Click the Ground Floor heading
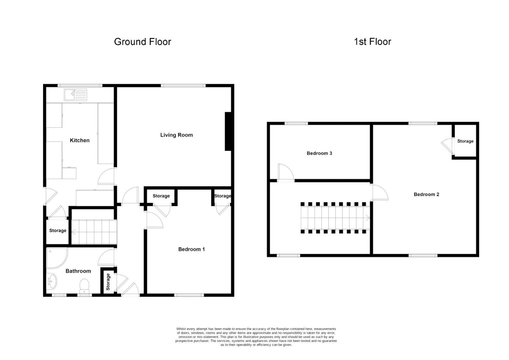tap(142, 42)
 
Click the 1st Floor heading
tap(372, 42)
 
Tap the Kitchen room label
tap(80, 140)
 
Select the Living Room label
tap(176, 135)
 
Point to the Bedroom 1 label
tap(192, 249)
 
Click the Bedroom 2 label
tap(426, 194)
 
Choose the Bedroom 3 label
tap(319, 153)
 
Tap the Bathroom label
tap(78, 271)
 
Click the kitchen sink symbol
tap(76, 95)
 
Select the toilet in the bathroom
tap(85, 286)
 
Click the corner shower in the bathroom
tap(56, 257)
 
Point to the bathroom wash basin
tap(52, 281)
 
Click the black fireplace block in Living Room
tap(228, 131)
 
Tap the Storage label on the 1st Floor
tap(465, 141)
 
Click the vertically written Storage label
tap(108, 282)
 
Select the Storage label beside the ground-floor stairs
tap(58, 231)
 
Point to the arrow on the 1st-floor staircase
tap(367, 218)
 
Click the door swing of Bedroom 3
tap(286, 172)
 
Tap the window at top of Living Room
tap(183, 86)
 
